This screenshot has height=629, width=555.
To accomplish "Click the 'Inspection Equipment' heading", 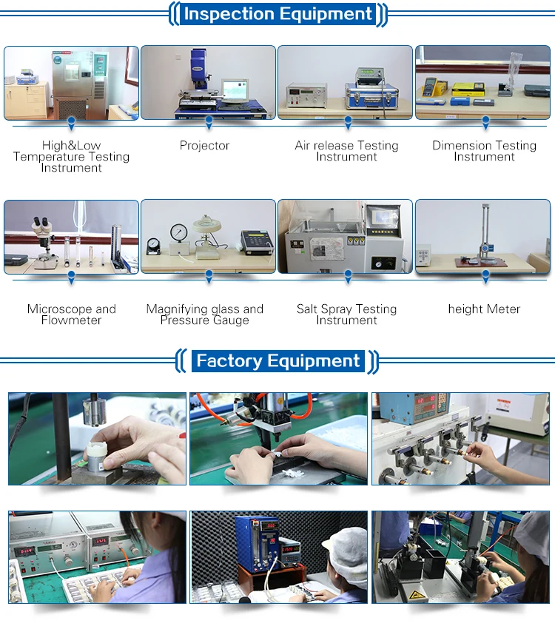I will [x=277, y=14].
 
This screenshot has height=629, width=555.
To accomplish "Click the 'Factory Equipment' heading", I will [x=277, y=361].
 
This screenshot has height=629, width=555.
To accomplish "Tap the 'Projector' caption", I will [x=205, y=146].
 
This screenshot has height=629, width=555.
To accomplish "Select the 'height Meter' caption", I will [x=484, y=309].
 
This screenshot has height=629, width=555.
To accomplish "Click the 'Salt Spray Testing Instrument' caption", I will [x=346, y=314].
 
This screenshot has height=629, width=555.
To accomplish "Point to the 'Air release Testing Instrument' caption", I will [x=346, y=151].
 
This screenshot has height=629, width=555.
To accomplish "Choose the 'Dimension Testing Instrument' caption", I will [x=484, y=151].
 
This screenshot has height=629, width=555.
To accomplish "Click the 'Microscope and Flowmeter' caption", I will [x=71, y=314].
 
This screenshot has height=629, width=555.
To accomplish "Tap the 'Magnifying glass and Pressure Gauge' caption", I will [x=205, y=314].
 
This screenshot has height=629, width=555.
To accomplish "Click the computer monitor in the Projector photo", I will [x=235, y=91].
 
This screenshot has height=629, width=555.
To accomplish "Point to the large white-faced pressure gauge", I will [x=178, y=232].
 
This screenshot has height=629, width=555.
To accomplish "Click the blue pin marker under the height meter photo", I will [x=485, y=275].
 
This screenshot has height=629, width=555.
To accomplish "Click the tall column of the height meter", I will [x=485, y=229].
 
